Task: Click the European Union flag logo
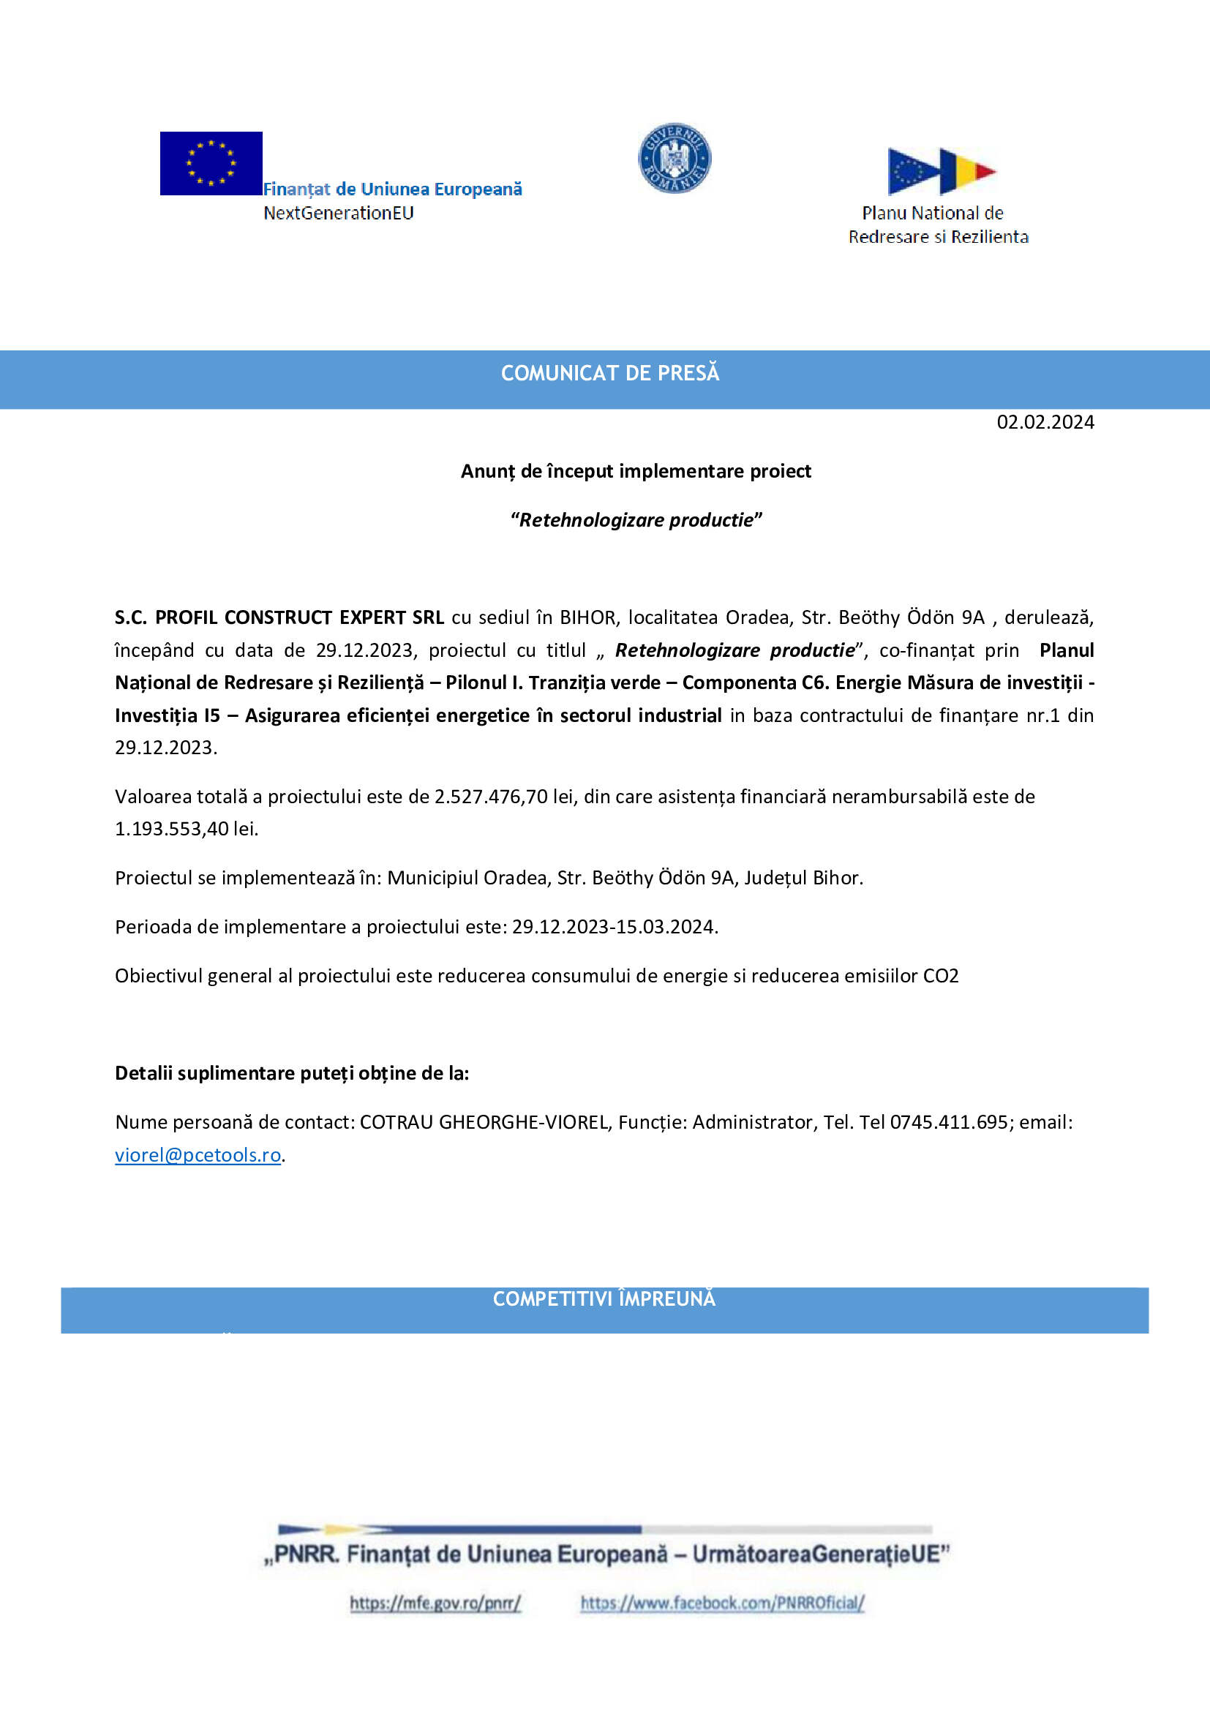(211, 163)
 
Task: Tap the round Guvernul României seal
(674, 158)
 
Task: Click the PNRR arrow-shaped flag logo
(941, 170)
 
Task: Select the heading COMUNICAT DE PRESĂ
(609, 373)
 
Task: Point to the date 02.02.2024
(1045, 423)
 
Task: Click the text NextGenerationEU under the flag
(338, 213)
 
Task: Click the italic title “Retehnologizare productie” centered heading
(636, 520)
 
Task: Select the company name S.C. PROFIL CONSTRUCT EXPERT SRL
(279, 618)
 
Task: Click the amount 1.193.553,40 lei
(187, 829)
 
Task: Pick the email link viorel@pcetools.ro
(198, 1155)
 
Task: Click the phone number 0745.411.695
(949, 1122)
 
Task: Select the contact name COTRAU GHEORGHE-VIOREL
(484, 1122)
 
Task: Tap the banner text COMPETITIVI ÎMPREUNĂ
(604, 1299)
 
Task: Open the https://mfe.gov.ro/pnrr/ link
(435, 1603)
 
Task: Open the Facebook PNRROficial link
(722, 1603)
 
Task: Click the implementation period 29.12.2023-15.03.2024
(614, 927)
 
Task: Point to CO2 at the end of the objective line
(940, 977)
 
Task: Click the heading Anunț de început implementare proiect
(636, 472)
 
